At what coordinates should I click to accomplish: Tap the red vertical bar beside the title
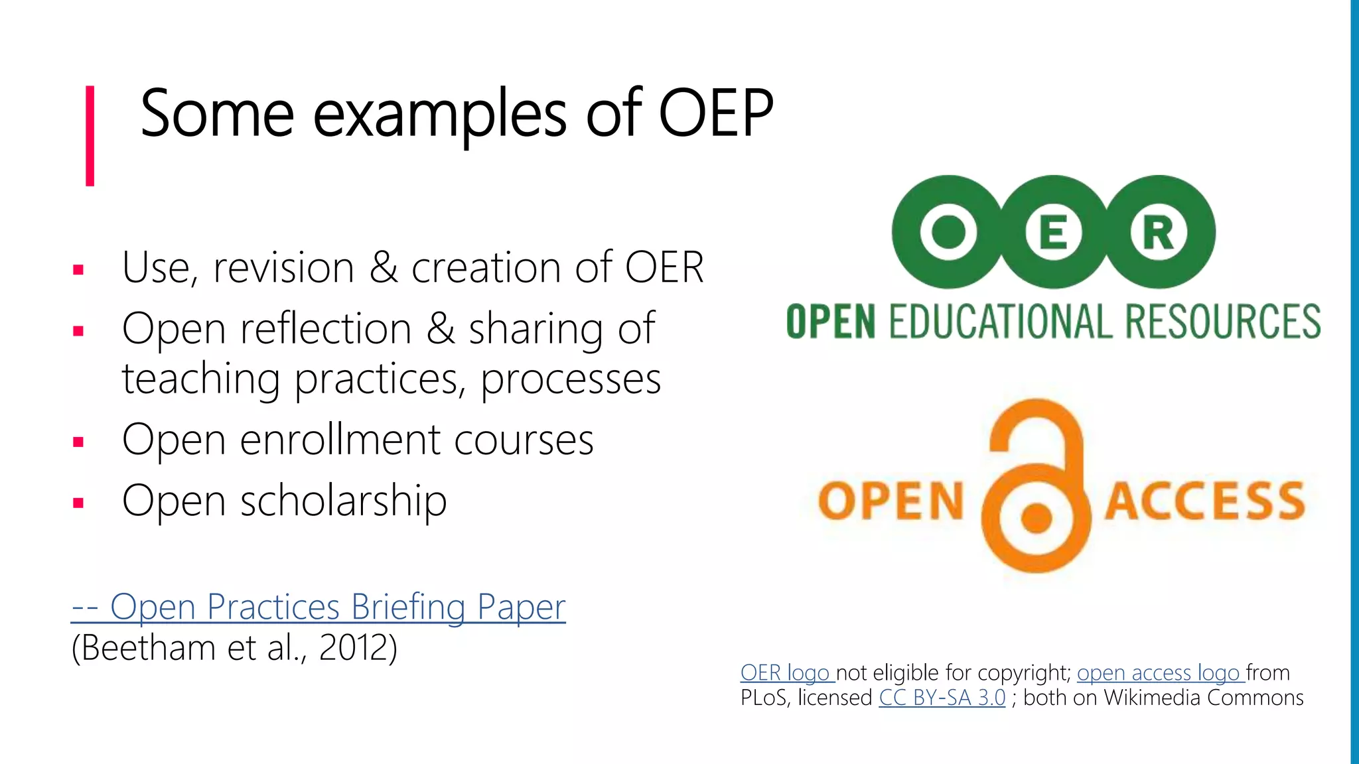pos(90,136)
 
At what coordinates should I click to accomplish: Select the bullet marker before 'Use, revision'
pos(78,270)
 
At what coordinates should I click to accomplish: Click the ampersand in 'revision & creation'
pos(383,267)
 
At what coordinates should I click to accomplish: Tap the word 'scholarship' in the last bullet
pos(343,501)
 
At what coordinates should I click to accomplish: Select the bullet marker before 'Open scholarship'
pos(78,503)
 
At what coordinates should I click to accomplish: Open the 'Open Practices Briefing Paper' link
pos(319,607)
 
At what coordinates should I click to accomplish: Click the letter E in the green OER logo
pos(1054,233)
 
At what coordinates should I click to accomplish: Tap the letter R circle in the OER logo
pos(1158,233)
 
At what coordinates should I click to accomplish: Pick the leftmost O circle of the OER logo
pos(949,233)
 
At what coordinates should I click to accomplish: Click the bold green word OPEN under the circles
pos(831,322)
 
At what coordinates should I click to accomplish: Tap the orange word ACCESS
pos(1204,501)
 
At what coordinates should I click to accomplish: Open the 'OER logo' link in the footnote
pos(786,672)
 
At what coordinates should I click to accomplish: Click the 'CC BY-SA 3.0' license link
pos(942,698)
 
